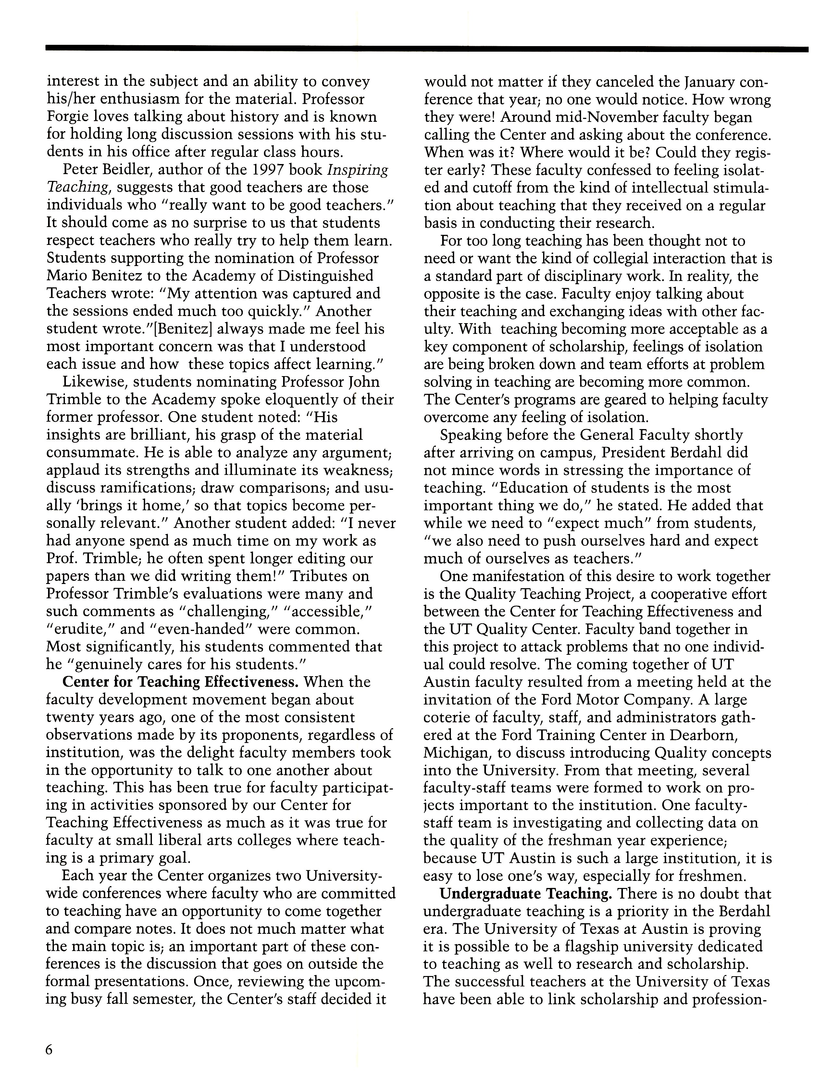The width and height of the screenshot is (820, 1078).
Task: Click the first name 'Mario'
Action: (x=68, y=276)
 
